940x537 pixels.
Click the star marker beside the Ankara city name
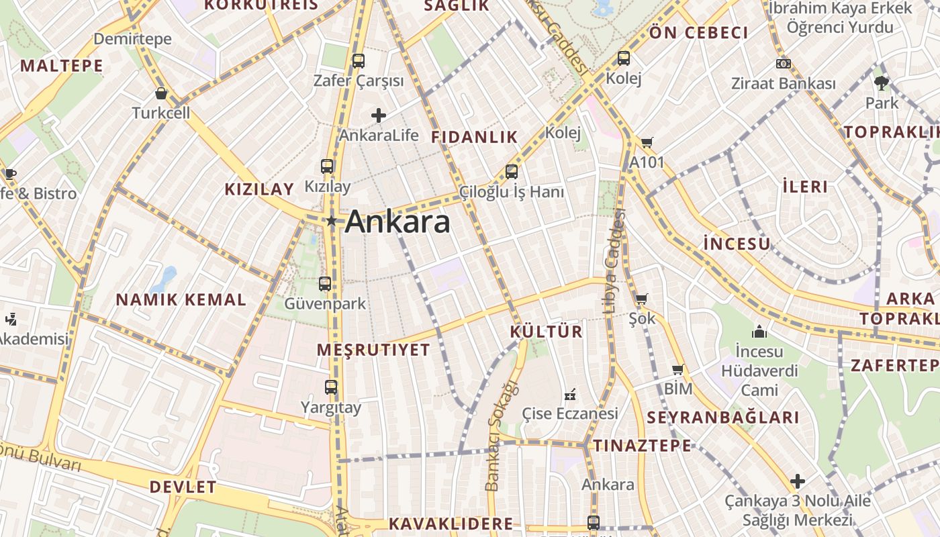[331, 221]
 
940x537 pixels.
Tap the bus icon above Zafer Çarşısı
[359, 61]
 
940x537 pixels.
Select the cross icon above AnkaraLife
[379, 115]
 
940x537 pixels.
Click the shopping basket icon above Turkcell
[160, 93]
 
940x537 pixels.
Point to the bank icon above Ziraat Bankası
[783, 64]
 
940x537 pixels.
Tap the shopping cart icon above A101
[647, 142]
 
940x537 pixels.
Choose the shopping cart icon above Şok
[641, 299]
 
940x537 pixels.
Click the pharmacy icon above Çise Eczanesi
[570, 393]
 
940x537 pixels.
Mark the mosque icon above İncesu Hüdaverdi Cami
[759, 332]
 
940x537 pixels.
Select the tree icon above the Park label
[882, 83]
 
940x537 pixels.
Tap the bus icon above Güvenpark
[325, 284]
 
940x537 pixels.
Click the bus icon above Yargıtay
[331, 387]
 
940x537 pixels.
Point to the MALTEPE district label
[61, 66]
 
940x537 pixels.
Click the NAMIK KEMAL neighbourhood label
[181, 300]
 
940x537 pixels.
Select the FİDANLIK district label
[475, 137]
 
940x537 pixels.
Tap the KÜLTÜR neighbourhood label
[546, 332]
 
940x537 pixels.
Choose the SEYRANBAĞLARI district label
[723, 418]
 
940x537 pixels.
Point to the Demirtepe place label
[132, 39]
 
